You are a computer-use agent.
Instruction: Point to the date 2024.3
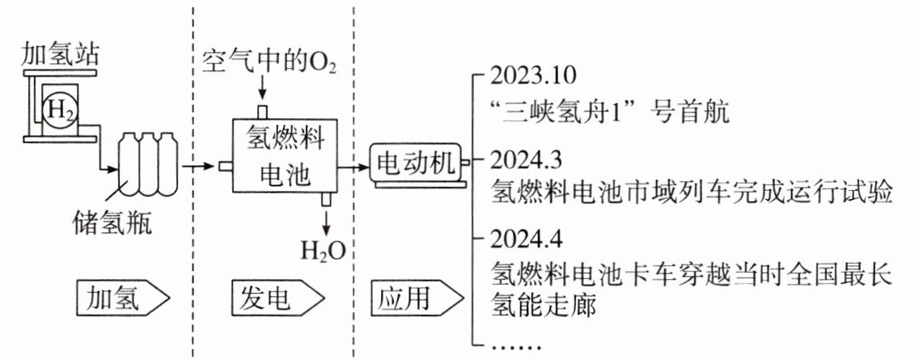[x=525, y=158]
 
